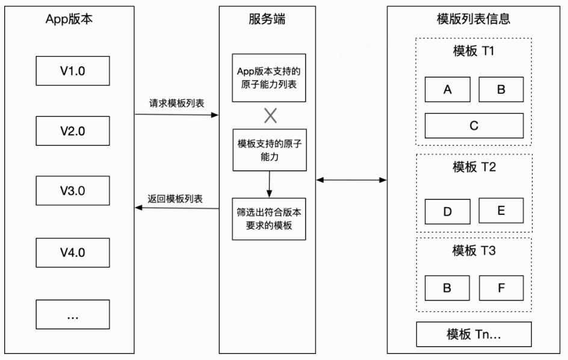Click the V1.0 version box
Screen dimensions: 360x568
pos(73,70)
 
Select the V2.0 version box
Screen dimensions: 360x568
pos(73,131)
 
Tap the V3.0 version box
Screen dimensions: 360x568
pos(73,191)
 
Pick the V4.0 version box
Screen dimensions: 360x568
pos(73,252)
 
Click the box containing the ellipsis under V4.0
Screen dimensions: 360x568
pos(73,314)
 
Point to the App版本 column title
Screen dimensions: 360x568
pos(69,19)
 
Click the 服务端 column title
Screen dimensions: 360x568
pos(267,19)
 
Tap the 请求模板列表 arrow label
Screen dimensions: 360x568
pos(176,103)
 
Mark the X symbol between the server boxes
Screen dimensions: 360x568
pos(270,115)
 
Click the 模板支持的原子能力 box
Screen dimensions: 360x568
pos(269,150)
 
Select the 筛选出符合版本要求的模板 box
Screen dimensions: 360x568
pos(269,219)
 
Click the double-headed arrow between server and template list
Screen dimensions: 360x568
pos(351,179)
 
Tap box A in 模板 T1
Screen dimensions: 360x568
pos(447,90)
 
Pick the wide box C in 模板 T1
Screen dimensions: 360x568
pos(474,125)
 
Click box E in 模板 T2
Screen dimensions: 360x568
pos(501,211)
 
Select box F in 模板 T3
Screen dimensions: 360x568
pos(501,288)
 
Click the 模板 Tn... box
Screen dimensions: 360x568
pos(474,334)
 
